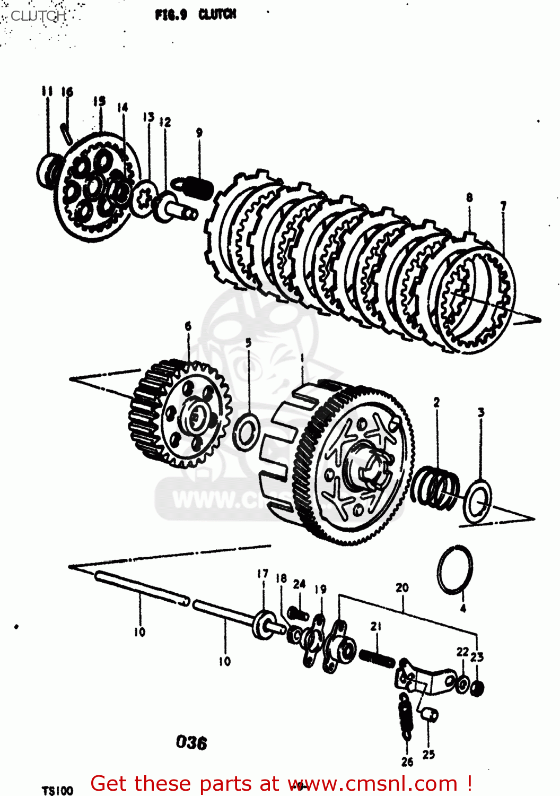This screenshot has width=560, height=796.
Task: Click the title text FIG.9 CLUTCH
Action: (x=195, y=14)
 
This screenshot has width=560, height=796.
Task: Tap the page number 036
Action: (x=191, y=742)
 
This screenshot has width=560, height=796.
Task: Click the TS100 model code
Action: (x=57, y=790)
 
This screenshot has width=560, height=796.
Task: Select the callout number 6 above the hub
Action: (x=188, y=326)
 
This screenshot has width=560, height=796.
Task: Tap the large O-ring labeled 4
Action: (x=455, y=571)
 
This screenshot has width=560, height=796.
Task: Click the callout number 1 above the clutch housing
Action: (x=302, y=358)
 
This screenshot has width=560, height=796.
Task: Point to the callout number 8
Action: (x=469, y=197)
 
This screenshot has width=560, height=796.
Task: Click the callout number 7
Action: (x=503, y=205)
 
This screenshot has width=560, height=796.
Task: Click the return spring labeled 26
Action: (x=405, y=716)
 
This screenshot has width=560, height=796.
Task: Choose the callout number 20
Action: (x=402, y=587)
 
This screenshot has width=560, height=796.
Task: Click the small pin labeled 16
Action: (x=67, y=132)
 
